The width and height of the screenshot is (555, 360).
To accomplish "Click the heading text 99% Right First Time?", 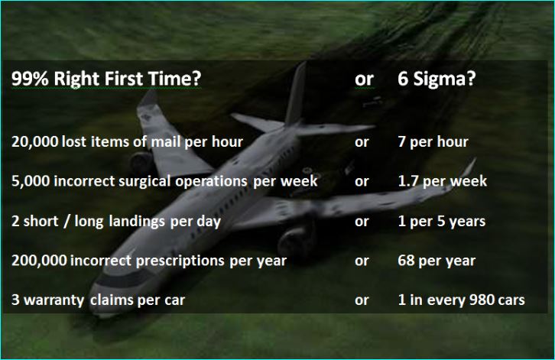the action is pyautogui.click(x=106, y=79).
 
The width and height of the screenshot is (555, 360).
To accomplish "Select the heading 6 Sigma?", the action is pyautogui.click(x=437, y=79).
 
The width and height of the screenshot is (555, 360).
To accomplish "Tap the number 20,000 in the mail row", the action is pyautogui.click(x=34, y=142).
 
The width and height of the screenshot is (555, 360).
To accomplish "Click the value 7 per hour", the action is pyautogui.click(x=433, y=142).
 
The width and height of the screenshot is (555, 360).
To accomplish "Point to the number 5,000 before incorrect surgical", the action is pyautogui.click(x=31, y=181).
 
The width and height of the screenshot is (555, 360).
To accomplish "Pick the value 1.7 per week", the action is pyautogui.click(x=443, y=181).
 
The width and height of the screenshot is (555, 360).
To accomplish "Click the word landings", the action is pyautogui.click(x=136, y=222).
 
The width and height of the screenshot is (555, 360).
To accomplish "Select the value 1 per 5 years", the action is pyautogui.click(x=441, y=221).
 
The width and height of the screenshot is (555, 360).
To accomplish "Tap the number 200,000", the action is pyautogui.click(x=39, y=261).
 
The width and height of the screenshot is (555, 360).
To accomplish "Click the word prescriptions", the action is pyautogui.click(x=180, y=261).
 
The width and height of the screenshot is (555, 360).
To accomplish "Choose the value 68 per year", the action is pyautogui.click(x=437, y=261).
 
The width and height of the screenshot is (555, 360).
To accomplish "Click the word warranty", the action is pyautogui.click(x=54, y=300).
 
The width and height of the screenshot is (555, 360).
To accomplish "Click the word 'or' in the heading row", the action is pyautogui.click(x=364, y=79).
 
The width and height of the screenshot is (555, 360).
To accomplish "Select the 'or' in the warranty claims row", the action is pyautogui.click(x=362, y=300).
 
